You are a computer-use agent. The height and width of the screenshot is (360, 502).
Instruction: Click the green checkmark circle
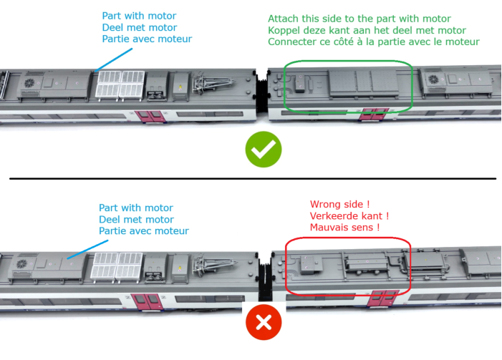(x=263, y=150)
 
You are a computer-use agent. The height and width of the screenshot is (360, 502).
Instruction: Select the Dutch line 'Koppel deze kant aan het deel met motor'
(x=367, y=30)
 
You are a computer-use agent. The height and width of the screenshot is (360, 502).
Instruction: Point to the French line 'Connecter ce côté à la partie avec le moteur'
(x=373, y=42)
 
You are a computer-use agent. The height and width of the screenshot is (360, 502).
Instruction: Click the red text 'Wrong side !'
(x=338, y=204)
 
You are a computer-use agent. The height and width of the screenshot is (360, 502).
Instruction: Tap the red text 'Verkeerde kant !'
(x=349, y=215)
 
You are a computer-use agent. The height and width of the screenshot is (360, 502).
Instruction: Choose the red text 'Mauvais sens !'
(x=344, y=228)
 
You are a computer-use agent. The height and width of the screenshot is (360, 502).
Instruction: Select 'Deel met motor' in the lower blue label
(x=136, y=219)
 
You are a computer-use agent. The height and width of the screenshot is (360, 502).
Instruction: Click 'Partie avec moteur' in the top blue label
(x=147, y=39)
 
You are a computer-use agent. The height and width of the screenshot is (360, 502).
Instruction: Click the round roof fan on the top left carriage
(x=31, y=82)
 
